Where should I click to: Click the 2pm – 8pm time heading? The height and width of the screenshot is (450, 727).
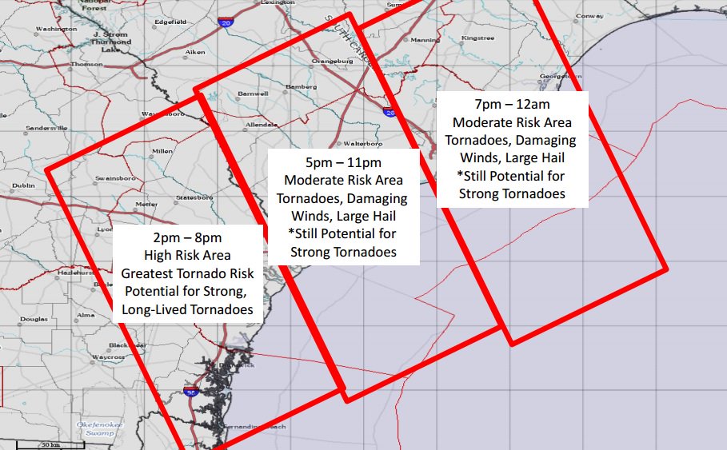pyautogui.click(x=188, y=238)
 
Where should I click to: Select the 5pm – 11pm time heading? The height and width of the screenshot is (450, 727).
pyautogui.click(x=344, y=162)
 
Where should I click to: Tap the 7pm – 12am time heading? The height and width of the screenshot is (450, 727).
pyautogui.click(x=512, y=105)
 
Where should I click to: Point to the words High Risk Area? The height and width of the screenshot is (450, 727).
pyautogui.click(x=188, y=256)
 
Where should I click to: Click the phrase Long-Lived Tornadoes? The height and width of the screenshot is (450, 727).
pyautogui.click(x=188, y=309)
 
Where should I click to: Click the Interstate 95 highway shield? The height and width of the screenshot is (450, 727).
pyautogui.click(x=190, y=392)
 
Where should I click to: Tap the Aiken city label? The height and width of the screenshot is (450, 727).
pyautogui.click(x=195, y=52)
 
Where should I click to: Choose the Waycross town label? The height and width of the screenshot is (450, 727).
pyautogui.click(x=109, y=357)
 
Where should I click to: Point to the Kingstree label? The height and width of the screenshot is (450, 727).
pyautogui.click(x=478, y=38)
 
